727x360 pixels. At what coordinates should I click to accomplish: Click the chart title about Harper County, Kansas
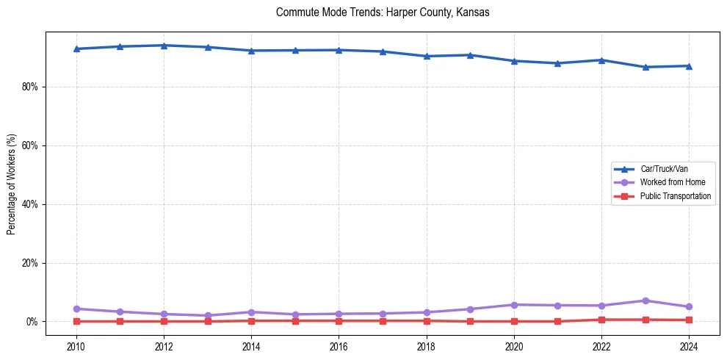pyautogui.click(x=382, y=12)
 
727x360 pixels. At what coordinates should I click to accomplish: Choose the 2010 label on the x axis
pyautogui.click(x=76, y=346)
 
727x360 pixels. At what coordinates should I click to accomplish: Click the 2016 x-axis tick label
pyautogui.click(x=339, y=346)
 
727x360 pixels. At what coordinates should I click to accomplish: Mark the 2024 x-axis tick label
pyautogui.click(x=689, y=346)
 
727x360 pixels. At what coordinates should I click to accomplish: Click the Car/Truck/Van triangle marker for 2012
pyautogui.click(x=164, y=46)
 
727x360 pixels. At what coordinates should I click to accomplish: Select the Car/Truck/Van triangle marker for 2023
pyautogui.click(x=645, y=67)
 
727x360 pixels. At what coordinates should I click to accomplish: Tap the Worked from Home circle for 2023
pyautogui.click(x=645, y=300)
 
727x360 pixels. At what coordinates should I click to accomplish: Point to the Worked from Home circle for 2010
pyautogui.click(x=76, y=309)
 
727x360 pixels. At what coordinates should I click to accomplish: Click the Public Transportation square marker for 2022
pyautogui.click(x=601, y=320)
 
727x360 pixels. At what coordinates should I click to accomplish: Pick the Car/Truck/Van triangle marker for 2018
pyautogui.click(x=427, y=56)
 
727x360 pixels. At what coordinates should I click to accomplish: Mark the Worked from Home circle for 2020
pyautogui.click(x=514, y=305)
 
